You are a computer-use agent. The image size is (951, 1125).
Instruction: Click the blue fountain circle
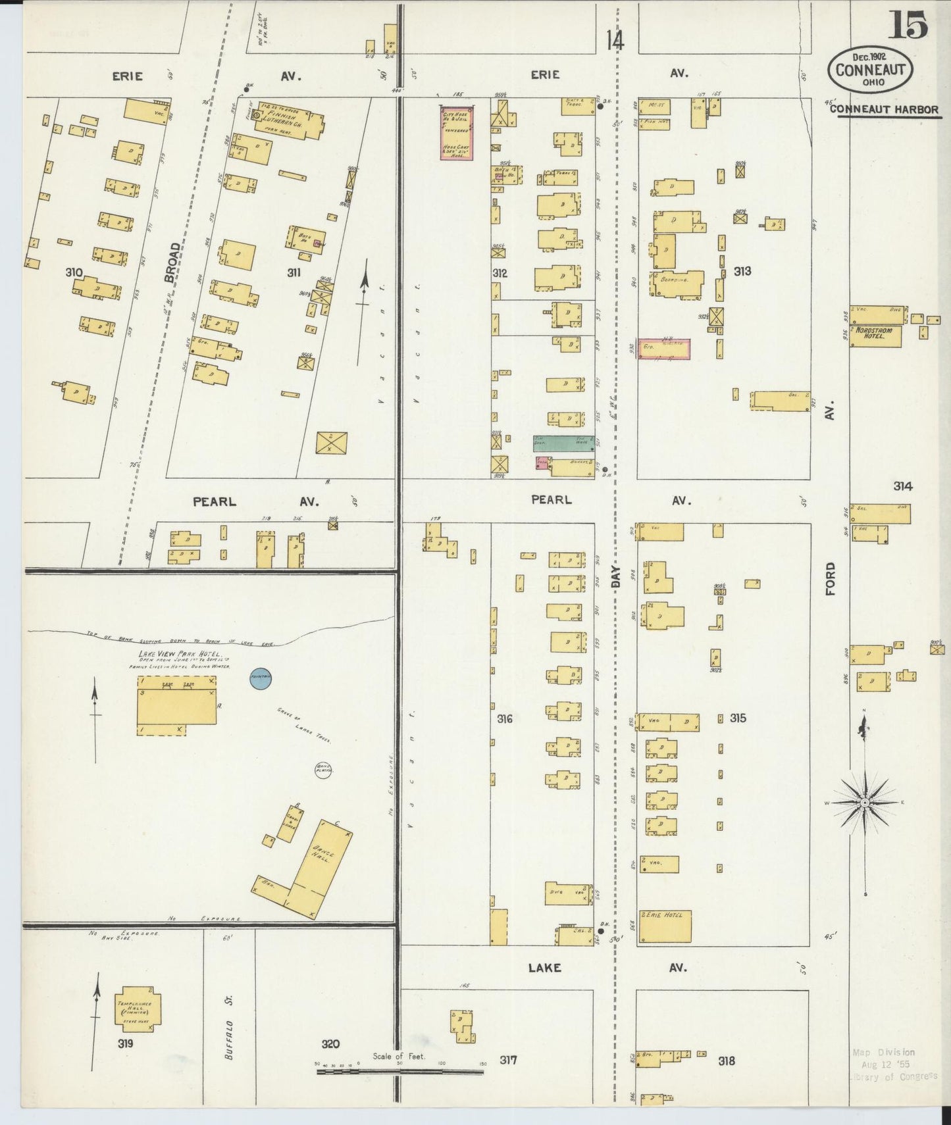260,680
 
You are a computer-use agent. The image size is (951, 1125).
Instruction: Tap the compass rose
865,803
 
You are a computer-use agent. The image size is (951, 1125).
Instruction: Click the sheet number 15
910,25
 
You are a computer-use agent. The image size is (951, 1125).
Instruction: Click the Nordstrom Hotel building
875,336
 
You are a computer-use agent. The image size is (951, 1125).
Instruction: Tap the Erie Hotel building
665,926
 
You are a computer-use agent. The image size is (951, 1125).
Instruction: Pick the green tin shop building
564,443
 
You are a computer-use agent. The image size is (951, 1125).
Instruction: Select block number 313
742,270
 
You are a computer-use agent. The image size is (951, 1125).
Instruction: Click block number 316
504,719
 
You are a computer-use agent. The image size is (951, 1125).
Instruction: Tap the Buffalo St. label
229,1026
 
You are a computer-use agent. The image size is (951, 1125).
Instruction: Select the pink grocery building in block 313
664,349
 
